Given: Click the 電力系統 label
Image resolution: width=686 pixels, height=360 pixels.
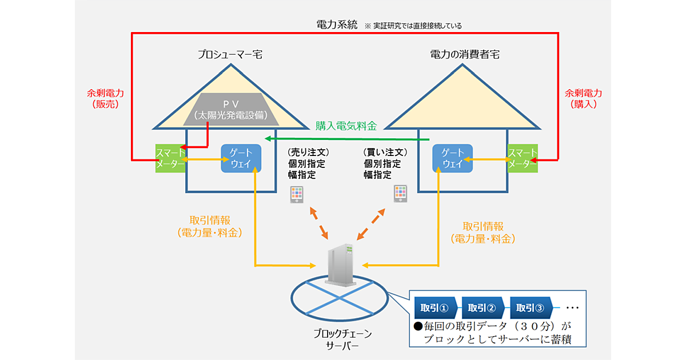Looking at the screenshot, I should click(337, 25).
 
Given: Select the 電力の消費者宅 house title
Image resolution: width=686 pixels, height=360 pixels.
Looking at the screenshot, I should click(463, 55).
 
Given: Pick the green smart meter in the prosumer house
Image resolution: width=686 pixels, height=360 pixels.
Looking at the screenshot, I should click(170, 158).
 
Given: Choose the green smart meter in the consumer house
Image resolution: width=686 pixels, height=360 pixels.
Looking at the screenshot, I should click(523, 158).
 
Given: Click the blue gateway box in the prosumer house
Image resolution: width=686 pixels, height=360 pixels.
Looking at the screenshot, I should click(241, 158).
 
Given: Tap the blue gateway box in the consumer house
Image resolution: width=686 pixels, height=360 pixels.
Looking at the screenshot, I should click(453, 158).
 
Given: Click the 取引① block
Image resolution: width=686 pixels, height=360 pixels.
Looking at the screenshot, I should click(436, 308).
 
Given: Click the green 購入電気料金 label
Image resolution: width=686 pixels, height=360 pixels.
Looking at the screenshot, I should click(346, 126).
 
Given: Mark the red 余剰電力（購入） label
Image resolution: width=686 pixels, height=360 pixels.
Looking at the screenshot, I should click(583, 98).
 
